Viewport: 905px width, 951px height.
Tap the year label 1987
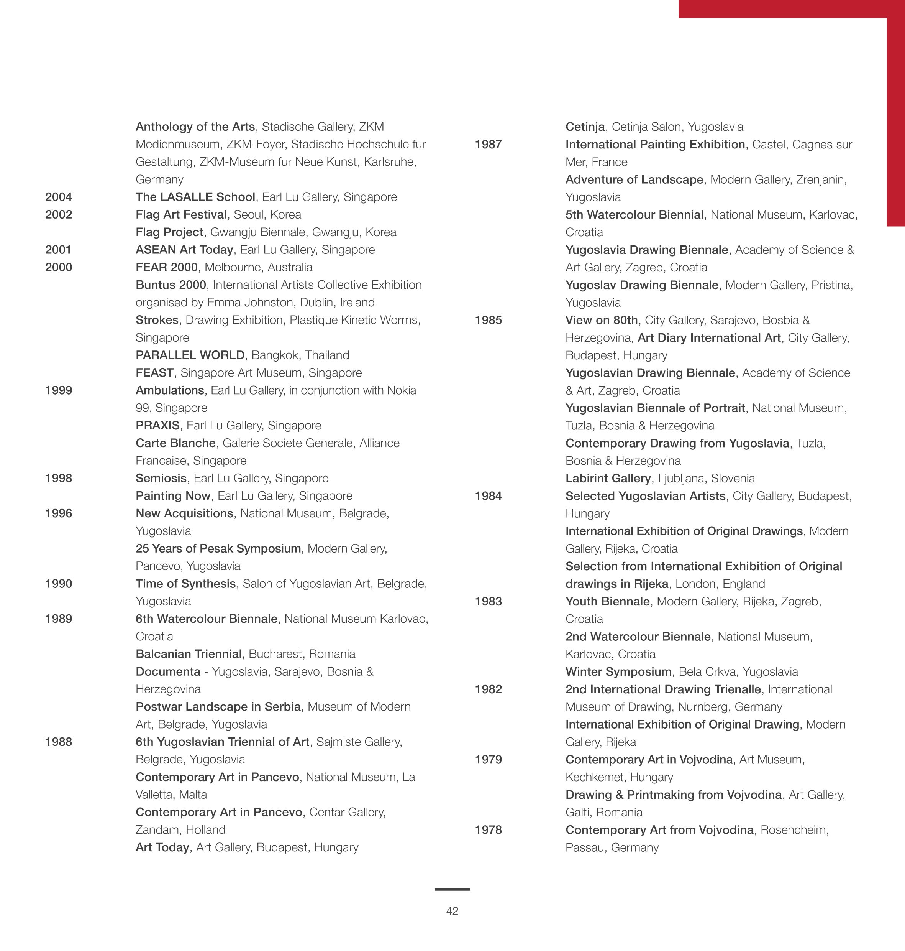(x=488, y=144)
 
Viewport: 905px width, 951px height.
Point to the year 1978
(x=488, y=830)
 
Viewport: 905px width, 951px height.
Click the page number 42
(x=452, y=911)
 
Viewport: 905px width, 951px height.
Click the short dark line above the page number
(x=452, y=889)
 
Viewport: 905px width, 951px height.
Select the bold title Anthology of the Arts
(x=195, y=127)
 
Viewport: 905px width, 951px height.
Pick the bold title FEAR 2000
(x=166, y=267)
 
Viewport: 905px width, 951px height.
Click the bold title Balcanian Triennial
(x=189, y=654)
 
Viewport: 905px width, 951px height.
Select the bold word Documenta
(x=168, y=671)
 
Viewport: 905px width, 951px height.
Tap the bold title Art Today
(x=162, y=847)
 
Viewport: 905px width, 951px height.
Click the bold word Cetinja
(x=585, y=127)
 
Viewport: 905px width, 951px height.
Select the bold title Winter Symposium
(x=618, y=671)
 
